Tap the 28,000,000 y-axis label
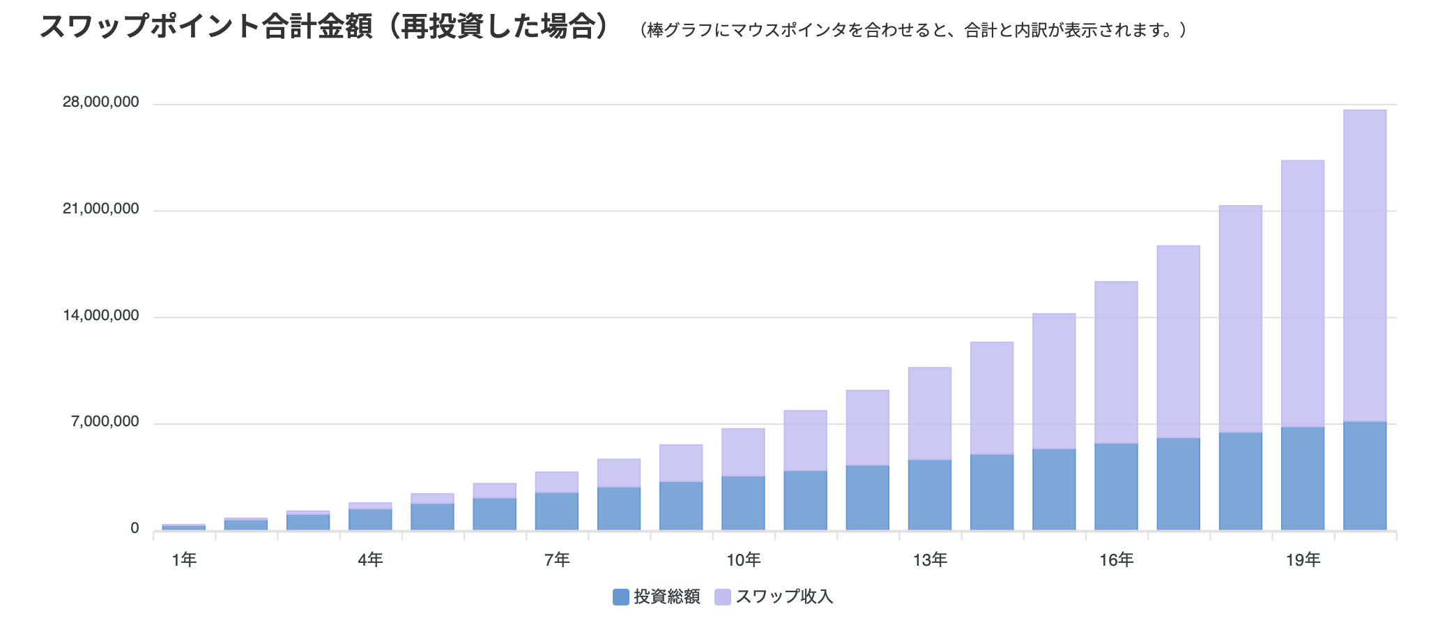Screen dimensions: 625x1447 (101, 103)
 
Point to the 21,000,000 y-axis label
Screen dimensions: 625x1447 (101, 209)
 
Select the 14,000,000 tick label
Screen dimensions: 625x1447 (101, 316)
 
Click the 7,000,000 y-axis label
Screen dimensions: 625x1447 (105, 422)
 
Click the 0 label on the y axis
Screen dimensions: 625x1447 (135, 529)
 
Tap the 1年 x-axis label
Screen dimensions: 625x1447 (184, 559)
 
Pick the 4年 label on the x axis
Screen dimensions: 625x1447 (370, 559)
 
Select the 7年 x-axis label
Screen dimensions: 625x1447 (557, 559)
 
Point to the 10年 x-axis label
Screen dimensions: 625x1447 (743, 559)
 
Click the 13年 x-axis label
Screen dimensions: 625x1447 (930, 559)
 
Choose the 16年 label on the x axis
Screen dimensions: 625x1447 (1116, 559)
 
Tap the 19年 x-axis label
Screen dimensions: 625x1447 (1303, 559)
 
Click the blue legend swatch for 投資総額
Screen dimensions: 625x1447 (620, 597)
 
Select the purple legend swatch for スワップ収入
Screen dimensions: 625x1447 (723, 597)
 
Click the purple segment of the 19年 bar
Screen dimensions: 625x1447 (1303, 293)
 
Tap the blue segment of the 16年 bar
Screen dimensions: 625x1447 (1116, 487)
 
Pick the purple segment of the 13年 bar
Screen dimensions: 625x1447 (930, 413)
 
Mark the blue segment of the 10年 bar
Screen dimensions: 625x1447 (743, 503)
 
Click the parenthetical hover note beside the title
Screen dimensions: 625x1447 (913, 31)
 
